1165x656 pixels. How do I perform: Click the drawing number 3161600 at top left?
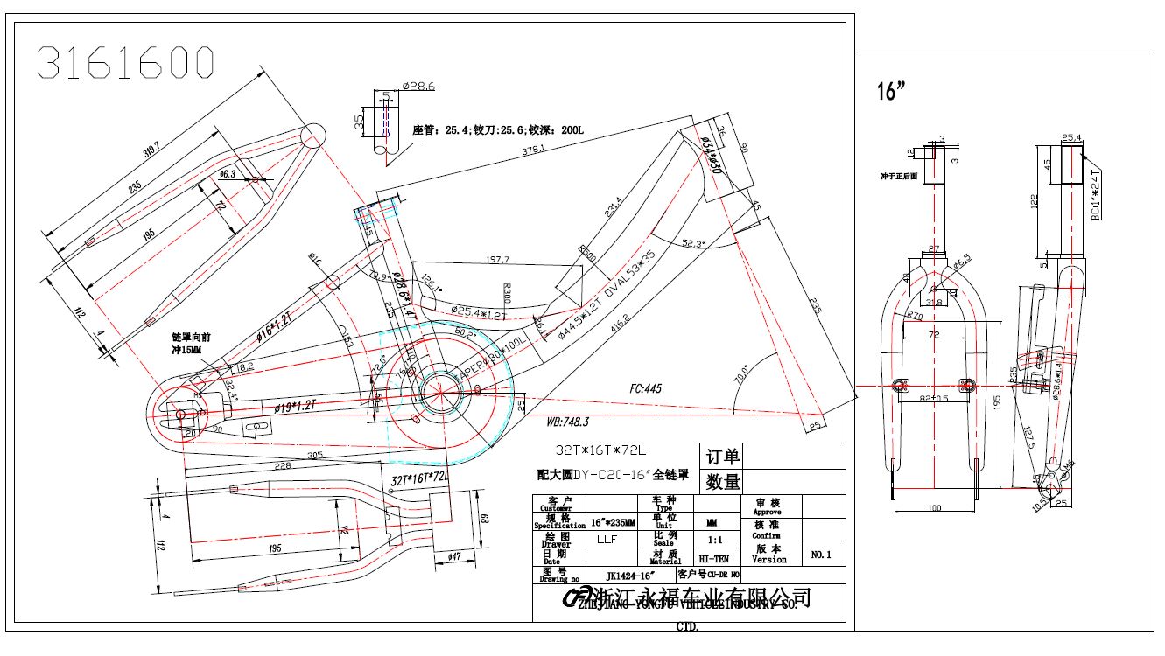click(125, 63)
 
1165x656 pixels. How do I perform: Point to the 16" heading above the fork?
click(890, 92)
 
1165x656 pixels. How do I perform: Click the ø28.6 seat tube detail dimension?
click(418, 87)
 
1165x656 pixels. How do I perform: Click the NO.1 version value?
click(821, 555)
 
